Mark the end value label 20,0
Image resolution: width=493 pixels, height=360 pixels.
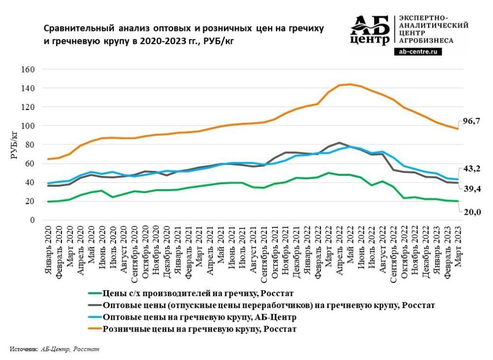click(470, 212)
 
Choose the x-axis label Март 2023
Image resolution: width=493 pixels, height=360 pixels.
click(459, 249)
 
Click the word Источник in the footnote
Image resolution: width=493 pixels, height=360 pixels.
click(24, 349)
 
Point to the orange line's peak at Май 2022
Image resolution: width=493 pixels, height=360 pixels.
click(350, 84)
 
